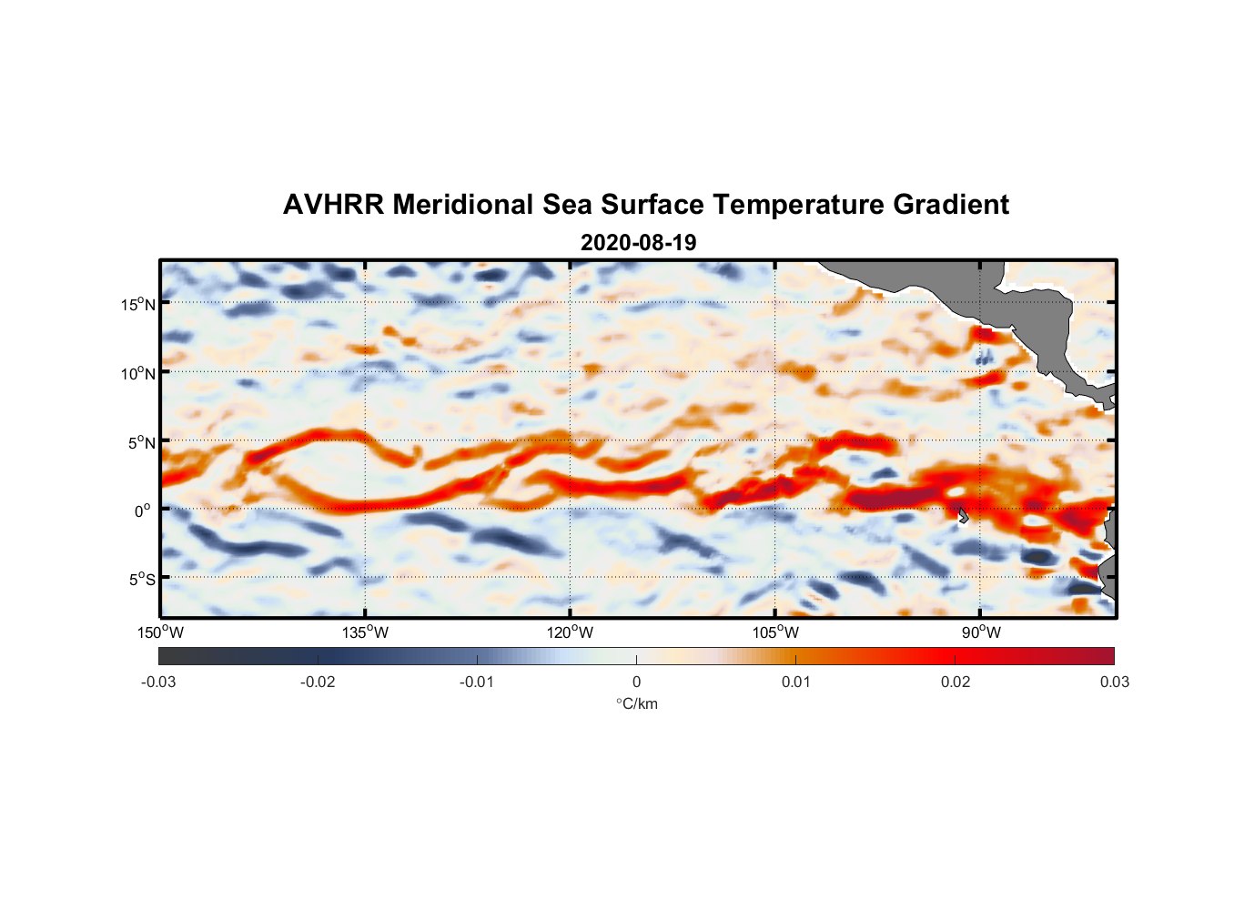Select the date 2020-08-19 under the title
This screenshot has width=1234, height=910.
(638, 243)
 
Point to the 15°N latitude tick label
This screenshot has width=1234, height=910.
(138, 304)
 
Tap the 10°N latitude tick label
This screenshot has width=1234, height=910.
(138, 373)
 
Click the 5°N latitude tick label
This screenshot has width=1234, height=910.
(141, 442)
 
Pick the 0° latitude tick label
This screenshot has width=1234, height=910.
(143, 511)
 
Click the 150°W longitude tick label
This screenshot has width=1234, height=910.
(161, 632)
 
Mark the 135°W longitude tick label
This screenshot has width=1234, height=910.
(366, 632)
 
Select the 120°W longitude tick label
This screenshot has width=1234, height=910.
(571, 632)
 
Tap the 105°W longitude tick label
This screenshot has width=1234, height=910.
(775, 632)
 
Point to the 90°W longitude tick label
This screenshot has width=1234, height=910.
(981, 632)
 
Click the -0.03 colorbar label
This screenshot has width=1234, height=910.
(158, 682)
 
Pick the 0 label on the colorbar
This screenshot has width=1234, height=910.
(636, 682)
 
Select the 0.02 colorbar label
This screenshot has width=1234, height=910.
(955, 682)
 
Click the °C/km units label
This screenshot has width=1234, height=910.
(636, 703)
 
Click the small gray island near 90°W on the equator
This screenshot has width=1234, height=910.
(963, 515)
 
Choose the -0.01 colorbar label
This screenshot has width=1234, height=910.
(477, 682)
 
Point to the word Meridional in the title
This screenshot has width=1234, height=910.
(463, 205)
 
